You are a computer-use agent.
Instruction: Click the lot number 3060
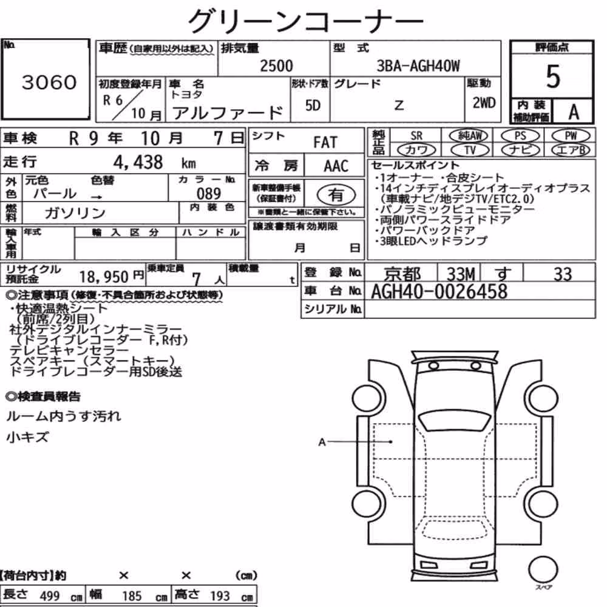click(x=49, y=82)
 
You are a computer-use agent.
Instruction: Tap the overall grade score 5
click(x=553, y=76)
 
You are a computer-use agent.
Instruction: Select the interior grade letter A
click(x=574, y=112)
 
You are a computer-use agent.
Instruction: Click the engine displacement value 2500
click(x=276, y=66)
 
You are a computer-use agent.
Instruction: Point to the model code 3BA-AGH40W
click(x=418, y=66)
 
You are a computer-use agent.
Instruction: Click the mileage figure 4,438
click(x=138, y=162)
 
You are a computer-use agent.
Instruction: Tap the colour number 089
click(x=209, y=193)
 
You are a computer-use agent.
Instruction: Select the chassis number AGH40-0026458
click(x=439, y=291)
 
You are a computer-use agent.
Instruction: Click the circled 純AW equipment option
click(x=469, y=135)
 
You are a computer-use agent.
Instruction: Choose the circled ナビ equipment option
click(x=520, y=150)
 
